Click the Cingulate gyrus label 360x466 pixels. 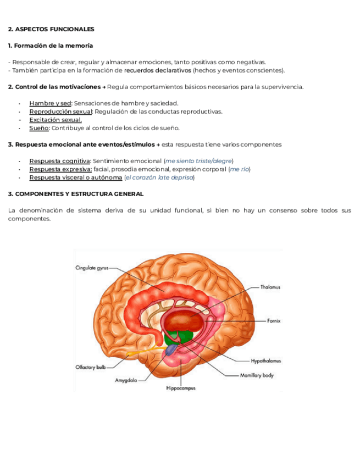[92, 268]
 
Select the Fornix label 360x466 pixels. [274, 320]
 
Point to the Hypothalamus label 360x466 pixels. [265, 361]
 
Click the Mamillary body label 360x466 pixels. [257, 376]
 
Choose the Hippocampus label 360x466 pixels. [180, 388]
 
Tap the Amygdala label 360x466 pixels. [126, 380]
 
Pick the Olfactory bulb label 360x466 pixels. [90, 367]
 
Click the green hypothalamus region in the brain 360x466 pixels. [180, 337]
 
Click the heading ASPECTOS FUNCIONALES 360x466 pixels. [51, 29]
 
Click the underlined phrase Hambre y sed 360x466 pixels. [50, 103]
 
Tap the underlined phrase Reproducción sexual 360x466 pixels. [60, 112]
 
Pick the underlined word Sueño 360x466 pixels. [39, 128]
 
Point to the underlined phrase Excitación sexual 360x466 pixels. [56, 120]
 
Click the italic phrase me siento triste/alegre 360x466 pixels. [198, 161]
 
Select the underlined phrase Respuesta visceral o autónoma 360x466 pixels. [75, 177]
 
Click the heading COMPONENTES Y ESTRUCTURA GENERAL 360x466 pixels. [76, 194]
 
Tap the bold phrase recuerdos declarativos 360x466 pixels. [157, 70]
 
